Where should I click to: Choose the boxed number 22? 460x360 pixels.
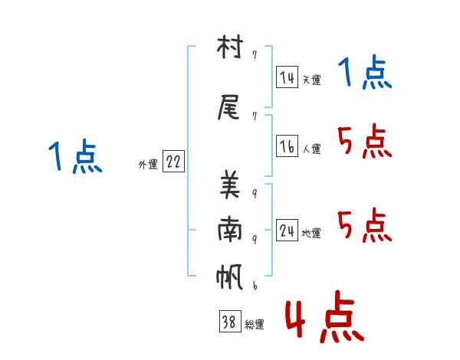[173, 162]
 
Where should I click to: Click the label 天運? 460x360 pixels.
[311, 80]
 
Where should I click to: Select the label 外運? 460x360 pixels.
[148, 164]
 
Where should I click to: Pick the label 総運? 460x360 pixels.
[255, 325]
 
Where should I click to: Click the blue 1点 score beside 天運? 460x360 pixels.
[365, 74]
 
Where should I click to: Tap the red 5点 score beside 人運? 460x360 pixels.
[365, 141]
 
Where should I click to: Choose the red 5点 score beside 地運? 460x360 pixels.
[365, 225]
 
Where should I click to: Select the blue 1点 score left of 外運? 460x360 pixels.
[74, 157]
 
